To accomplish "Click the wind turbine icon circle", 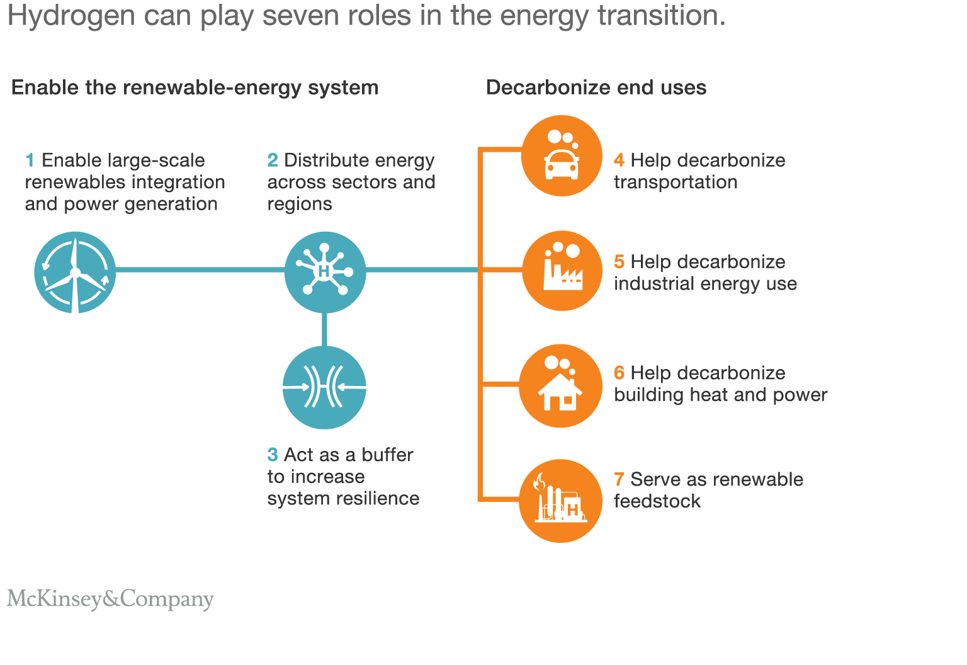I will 75,272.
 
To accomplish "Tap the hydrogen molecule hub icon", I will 325,272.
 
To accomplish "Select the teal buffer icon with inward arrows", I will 324,387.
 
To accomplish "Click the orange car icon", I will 562,156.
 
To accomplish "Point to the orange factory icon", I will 562,271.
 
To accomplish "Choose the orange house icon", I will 560,386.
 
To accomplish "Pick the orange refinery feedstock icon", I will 560,501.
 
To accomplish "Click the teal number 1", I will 30,161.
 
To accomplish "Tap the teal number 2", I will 273,161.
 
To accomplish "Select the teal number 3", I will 273,455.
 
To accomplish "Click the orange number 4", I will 619,161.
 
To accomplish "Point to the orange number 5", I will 619,262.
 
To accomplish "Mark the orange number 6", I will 619,373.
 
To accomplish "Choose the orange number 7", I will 619,479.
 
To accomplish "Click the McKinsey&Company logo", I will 110,599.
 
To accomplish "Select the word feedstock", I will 657,501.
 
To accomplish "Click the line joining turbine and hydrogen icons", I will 200,270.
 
